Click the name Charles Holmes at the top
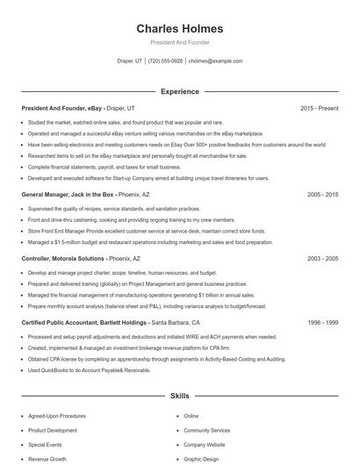(x=179, y=28)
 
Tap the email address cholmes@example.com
(x=215, y=61)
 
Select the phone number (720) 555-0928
(x=165, y=61)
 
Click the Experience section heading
(x=179, y=90)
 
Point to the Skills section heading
(x=179, y=397)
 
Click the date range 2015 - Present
(x=319, y=108)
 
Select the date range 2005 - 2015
(x=322, y=194)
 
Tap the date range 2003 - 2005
(x=322, y=259)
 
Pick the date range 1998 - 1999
(x=322, y=323)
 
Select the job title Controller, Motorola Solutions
(x=63, y=259)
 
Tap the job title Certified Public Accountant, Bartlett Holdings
(x=84, y=323)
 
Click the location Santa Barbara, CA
(x=176, y=323)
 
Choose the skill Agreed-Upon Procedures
(x=56, y=416)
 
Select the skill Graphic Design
(x=201, y=459)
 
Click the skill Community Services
(x=206, y=431)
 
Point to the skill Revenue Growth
(x=47, y=459)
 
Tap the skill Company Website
(x=204, y=445)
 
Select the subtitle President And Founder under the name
(x=179, y=42)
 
